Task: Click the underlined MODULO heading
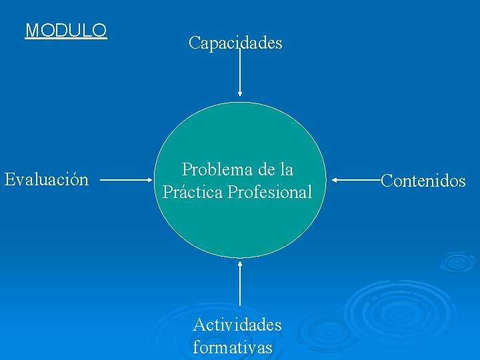[66, 31]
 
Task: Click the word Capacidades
[235, 43]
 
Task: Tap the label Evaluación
[47, 179]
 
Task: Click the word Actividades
[237, 325]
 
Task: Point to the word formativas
[232, 347]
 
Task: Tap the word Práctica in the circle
[193, 193]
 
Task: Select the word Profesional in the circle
[269, 193]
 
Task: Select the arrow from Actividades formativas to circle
[239, 287]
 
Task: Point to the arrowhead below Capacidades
[239, 95]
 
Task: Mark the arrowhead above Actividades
[239, 263]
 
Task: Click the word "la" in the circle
[285, 169]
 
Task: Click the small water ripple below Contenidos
[457, 261]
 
